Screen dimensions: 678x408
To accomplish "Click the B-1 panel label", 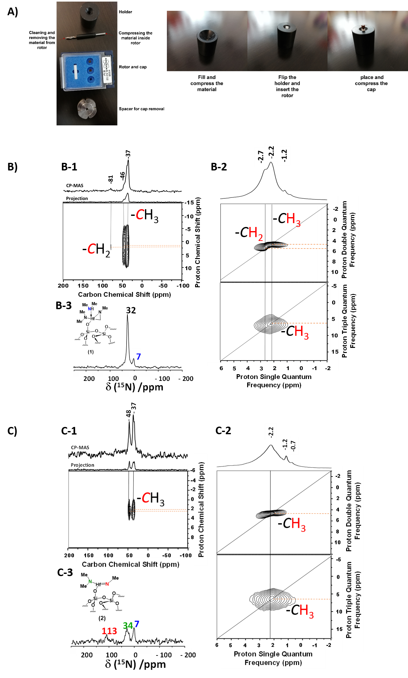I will click(69, 167).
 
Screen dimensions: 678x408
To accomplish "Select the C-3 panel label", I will click(65, 572).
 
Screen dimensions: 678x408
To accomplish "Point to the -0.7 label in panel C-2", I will click(293, 446).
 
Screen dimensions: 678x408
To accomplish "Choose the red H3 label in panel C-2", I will click(298, 524).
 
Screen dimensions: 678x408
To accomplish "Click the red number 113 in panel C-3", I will click(109, 631).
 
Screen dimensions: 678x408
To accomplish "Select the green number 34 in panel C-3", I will click(128, 625).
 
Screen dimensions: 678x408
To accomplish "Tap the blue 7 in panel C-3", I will click(137, 624).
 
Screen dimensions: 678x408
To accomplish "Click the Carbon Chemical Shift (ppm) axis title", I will click(130, 564).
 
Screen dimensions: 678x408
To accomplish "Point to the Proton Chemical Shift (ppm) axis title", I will click(201, 509).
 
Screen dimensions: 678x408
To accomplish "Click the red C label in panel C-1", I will click(146, 498).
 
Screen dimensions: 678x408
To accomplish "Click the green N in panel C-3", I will click(90, 582).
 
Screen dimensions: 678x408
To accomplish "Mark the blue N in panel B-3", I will click(89, 309).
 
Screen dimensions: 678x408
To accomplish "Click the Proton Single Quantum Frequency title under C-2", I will click(273, 658).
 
